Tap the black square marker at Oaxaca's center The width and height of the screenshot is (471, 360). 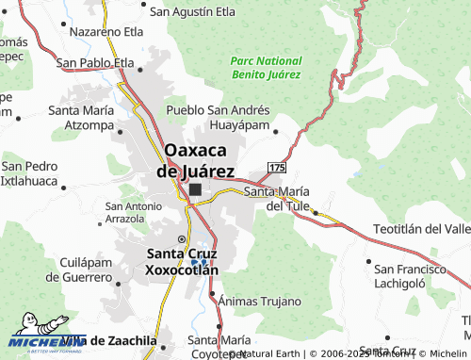(x=195, y=190)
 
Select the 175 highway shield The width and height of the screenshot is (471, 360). (x=276, y=167)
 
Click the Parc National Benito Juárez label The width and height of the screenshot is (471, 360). (x=266, y=66)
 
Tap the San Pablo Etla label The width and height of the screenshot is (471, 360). (x=96, y=63)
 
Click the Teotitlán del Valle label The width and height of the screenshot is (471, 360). (x=421, y=229)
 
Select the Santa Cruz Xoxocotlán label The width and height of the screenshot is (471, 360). (x=183, y=262)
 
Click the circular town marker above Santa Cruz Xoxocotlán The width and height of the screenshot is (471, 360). (x=182, y=238)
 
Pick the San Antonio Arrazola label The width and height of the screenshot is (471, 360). (x=139, y=212)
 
